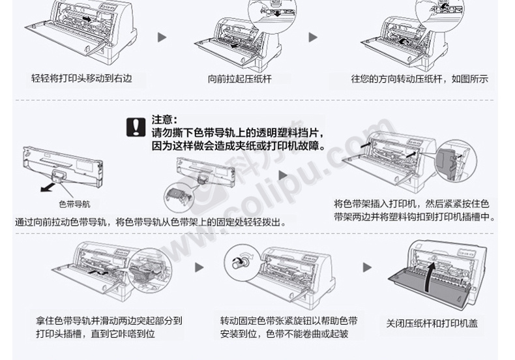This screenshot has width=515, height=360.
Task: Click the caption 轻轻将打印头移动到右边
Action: pyautogui.click(x=81, y=78)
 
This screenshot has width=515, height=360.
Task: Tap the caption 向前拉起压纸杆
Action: pyautogui.click(x=239, y=79)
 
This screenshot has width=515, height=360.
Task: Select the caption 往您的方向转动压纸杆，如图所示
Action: pyautogui.click(x=419, y=79)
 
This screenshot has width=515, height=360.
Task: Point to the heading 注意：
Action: pyautogui.click(x=164, y=119)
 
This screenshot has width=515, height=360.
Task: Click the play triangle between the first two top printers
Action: pyautogui.click(x=163, y=37)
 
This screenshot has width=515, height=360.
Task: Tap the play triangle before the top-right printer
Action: pyautogui.click(x=314, y=37)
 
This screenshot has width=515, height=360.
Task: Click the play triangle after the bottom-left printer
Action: pyautogui.click(x=200, y=267)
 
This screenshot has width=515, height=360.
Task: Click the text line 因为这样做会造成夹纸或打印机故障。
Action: pyautogui.click(x=238, y=145)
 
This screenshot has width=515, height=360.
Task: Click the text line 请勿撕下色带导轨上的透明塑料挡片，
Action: pyautogui.click(x=238, y=132)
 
